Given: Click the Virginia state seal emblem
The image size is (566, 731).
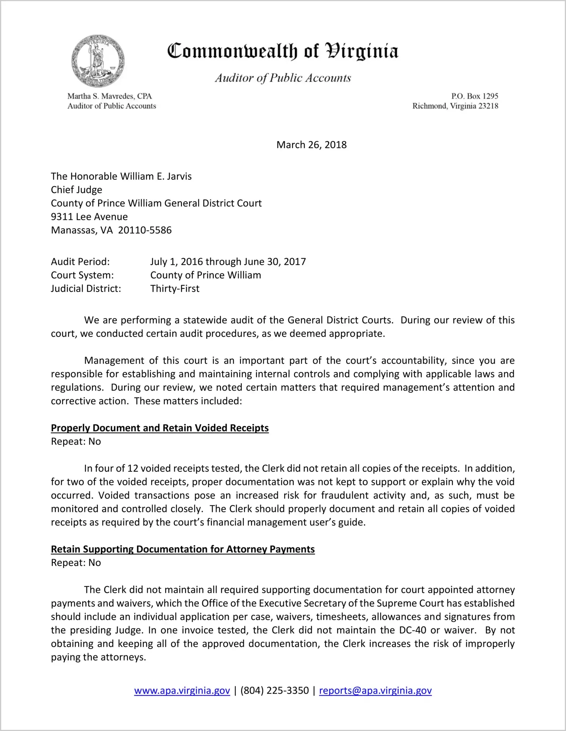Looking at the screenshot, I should click(x=98, y=61).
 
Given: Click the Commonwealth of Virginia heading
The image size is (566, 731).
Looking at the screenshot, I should click(x=283, y=51).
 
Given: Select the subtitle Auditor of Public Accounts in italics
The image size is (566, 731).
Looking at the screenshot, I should click(x=283, y=78).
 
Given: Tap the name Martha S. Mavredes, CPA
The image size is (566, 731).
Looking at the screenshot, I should click(x=109, y=96).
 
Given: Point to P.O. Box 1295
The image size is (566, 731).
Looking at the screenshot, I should click(x=474, y=96).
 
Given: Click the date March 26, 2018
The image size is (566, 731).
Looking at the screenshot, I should click(x=311, y=145).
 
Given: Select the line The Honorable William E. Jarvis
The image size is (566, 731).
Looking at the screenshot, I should click(x=121, y=176).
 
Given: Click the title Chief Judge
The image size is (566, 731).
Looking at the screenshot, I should click(x=77, y=190).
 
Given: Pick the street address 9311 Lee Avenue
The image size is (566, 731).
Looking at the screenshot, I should click(x=89, y=217).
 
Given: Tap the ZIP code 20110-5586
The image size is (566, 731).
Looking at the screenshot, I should click(x=145, y=230).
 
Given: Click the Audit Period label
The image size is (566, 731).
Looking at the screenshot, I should click(x=80, y=262).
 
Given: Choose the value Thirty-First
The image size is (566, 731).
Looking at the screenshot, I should click(x=175, y=288).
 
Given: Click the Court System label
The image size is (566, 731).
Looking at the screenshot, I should click(x=82, y=275).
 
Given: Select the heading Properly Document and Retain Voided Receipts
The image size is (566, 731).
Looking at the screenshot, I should click(x=160, y=428).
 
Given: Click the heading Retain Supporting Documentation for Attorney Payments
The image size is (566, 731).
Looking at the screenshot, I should click(x=183, y=549).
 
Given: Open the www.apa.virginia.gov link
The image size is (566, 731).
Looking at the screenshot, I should click(x=182, y=690).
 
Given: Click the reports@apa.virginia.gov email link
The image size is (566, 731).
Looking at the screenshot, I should click(x=375, y=690).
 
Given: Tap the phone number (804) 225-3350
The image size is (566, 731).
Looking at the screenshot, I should click(x=274, y=690).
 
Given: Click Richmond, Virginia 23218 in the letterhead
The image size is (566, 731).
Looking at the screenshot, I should click(x=455, y=106).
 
